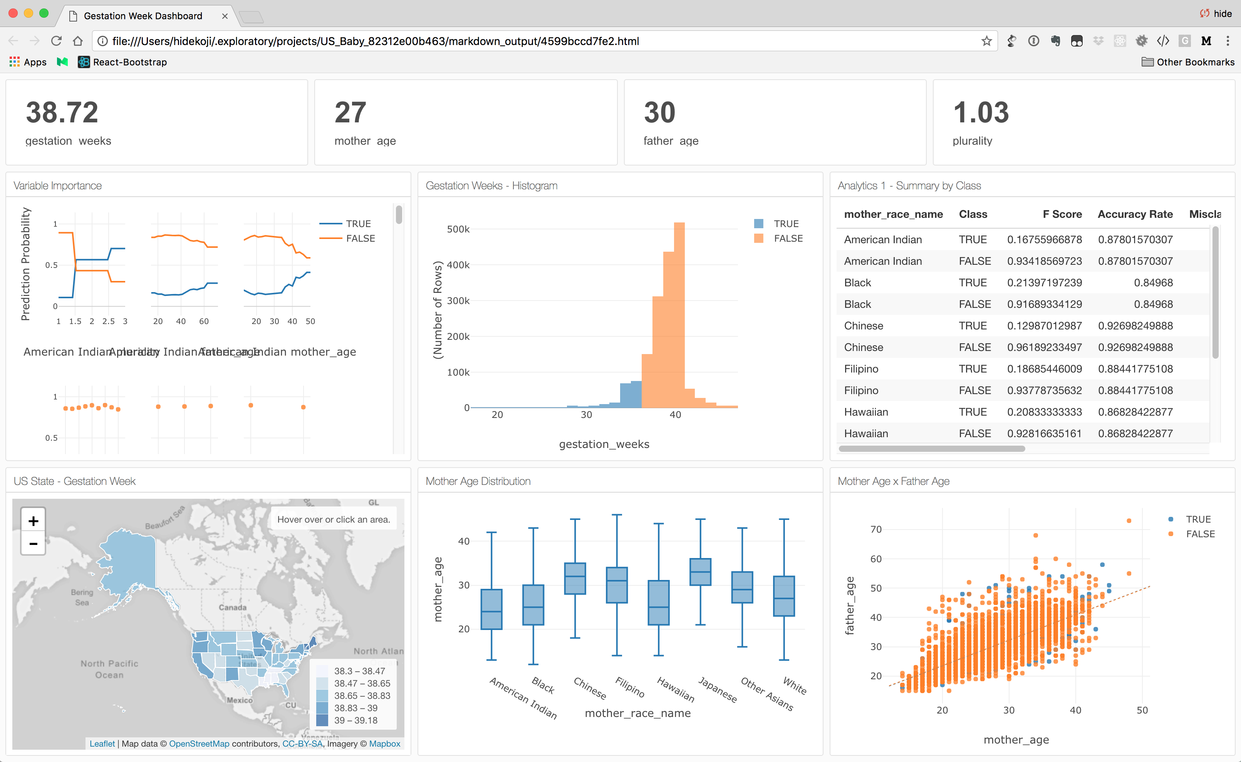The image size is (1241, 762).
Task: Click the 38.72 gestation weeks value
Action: pyautogui.click(x=62, y=112)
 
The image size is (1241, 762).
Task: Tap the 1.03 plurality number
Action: pyautogui.click(x=981, y=112)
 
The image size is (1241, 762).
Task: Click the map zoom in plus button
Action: pyautogui.click(x=33, y=521)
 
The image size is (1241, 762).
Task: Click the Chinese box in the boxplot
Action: pyautogui.click(x=575, y=578)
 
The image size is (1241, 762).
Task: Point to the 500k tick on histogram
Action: pyautogui.click(x=458, y=229)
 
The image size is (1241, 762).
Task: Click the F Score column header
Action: pyautogui.click(x=1062, y=214)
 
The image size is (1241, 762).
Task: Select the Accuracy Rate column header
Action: pyautogui.click(x=1135, y=214)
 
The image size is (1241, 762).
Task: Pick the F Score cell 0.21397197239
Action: pyautogui.click(x=1044, y=283)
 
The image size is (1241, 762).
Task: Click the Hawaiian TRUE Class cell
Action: pyautogui.click(x=972, y=412)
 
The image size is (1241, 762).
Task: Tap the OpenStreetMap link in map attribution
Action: pyautogui.click(x=199, y=744)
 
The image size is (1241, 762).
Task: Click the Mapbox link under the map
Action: pyautogui.click(x=384, y=744)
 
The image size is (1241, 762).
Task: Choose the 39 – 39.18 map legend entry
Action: pyautogui.click(x=356, y=720)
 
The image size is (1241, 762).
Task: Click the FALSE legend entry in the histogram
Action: pyautogui.click(x=787, y=238)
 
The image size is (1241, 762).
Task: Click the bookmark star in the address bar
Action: pyautogui.click(x=986, y=41)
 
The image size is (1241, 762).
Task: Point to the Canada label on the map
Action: pyautogui.click(x=233, y=607)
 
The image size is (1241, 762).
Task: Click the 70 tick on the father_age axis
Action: pyautogui.click(x=876, y=529)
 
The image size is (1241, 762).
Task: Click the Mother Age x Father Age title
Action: pyautogui.click(x=893, y=481)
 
